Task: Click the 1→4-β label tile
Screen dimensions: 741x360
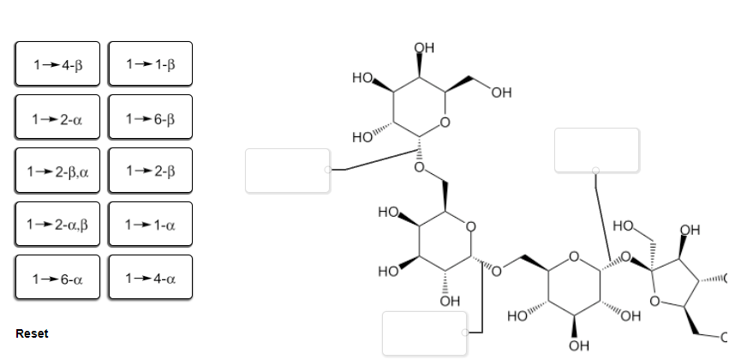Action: click(x=57, y=64)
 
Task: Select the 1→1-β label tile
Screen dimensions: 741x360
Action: click(x=150, y=64)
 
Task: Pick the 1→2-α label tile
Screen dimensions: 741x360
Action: click(x=57, y=117)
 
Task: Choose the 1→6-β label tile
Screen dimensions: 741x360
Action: click(x=150, y=117)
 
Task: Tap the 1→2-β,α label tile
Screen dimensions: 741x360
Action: click(x=57, y=171)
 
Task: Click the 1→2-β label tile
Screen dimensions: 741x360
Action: click(x=150, y=171)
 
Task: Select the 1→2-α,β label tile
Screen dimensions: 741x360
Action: click(x=57, y=225)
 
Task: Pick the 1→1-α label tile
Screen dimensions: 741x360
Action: click(x=150, y=225)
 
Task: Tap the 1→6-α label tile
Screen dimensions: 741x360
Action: click(x=57, y=278)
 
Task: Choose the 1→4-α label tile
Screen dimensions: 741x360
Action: click(x=150, y=278)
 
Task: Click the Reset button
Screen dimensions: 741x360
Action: click(x=33, y=333)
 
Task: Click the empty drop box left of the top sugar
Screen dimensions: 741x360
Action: click(x=287, y=171)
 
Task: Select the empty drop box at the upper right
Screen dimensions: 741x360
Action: click(x=597, y=150)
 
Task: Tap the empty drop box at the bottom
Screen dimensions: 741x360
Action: click(x=424, y=333)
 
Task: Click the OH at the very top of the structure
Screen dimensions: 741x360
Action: click(x=424, y=48)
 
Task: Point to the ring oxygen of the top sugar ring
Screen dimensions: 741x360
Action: click(x=445, y=123)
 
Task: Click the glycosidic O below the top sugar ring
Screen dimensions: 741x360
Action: click(x=419, y=167)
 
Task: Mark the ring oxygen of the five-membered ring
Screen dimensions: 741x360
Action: click(x=654, y=301)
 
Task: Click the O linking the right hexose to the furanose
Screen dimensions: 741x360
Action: click(x=625, y=258)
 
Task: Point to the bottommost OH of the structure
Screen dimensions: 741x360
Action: click(x=579, y=345)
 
